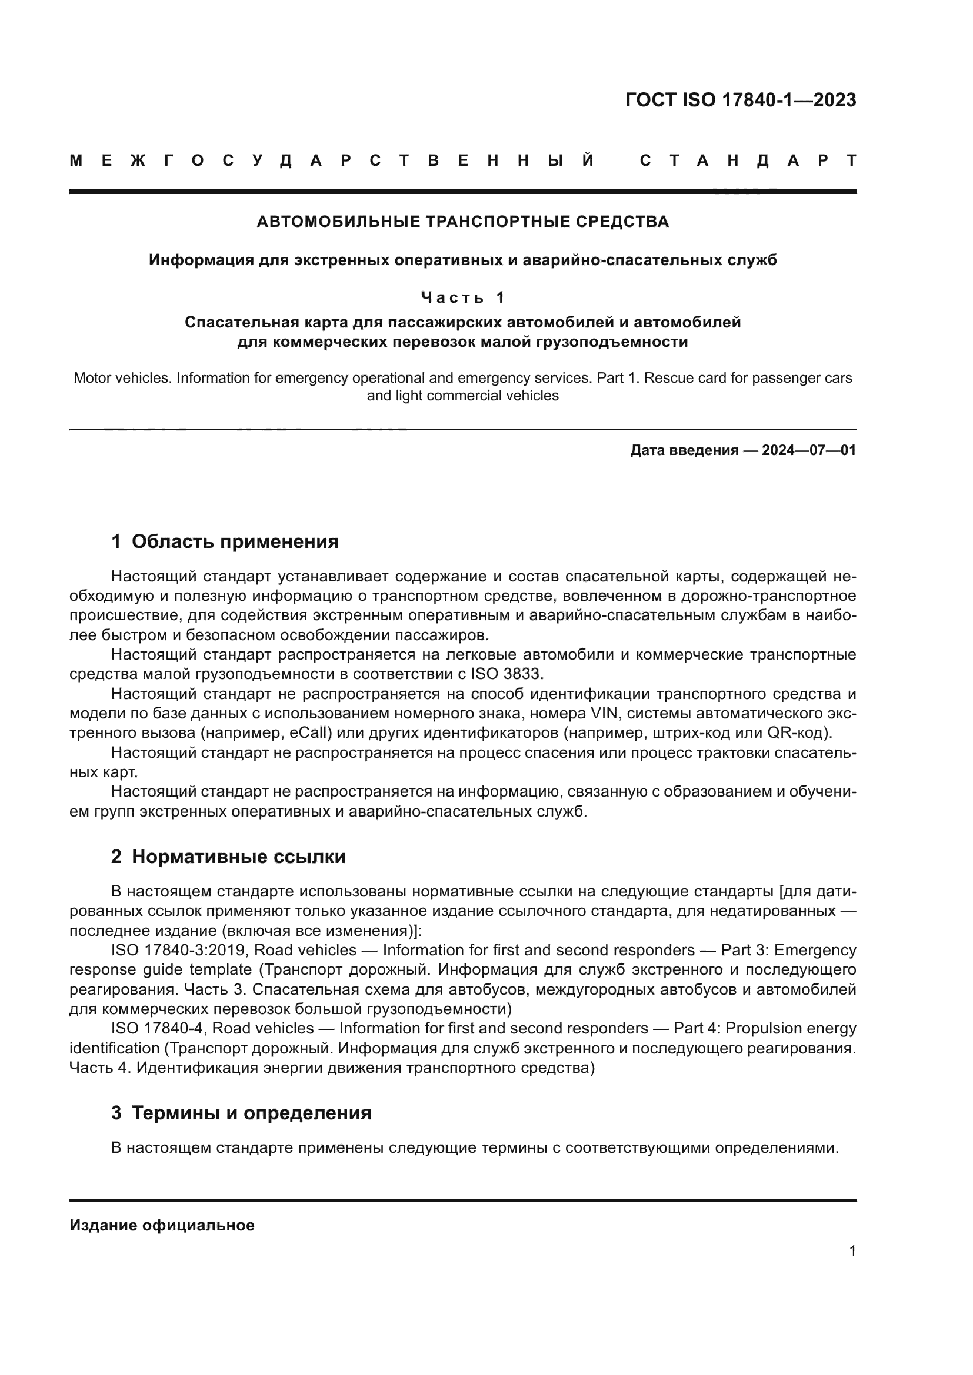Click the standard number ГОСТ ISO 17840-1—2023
tap(741, 100)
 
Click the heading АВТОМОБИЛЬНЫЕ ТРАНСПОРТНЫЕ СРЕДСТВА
tap(462, 222)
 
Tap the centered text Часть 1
tap(462, 297)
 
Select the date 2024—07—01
tap(809, 450)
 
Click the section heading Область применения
tap(235, 541)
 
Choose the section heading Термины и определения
tap(251, 1113)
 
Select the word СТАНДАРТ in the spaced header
tap(748, 160)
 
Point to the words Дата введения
tap(684, 450)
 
